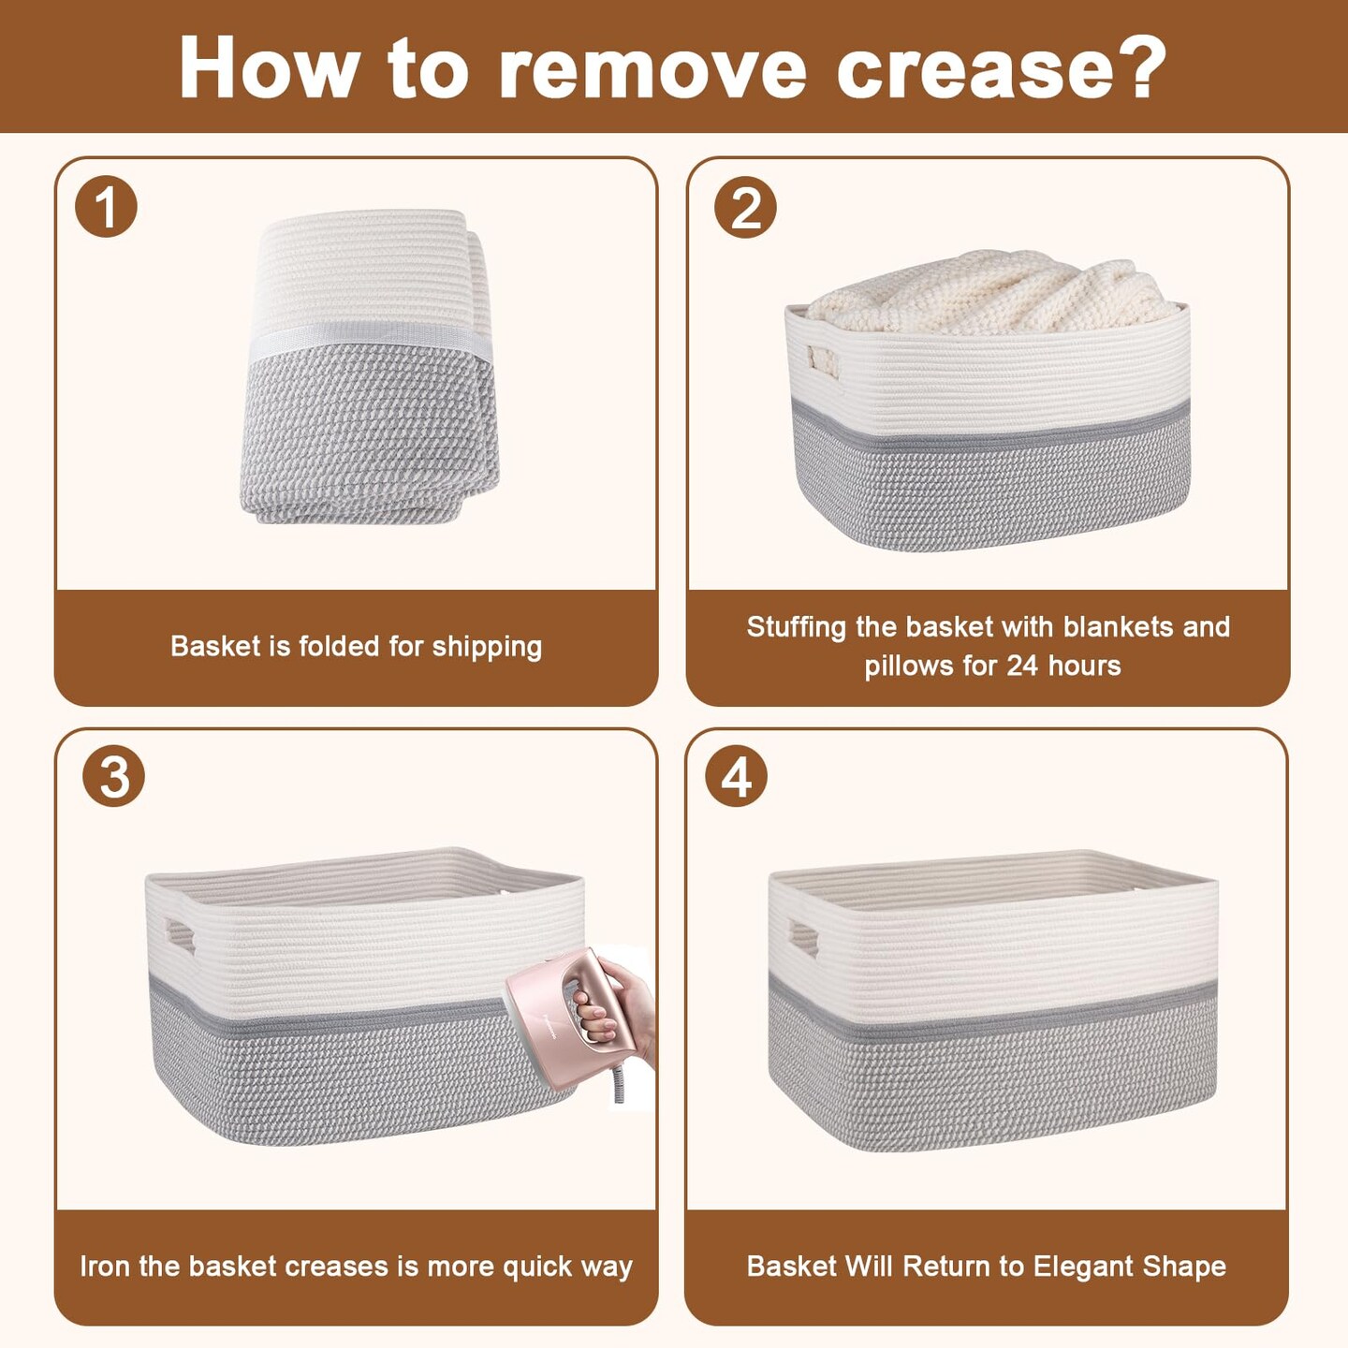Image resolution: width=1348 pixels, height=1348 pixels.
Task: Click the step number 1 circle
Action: pos(106,206)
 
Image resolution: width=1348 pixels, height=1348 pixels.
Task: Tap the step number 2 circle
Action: pos(745,207)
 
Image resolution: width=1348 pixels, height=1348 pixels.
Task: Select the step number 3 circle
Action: pos(113,776)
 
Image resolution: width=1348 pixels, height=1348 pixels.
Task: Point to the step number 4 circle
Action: pos(736,776)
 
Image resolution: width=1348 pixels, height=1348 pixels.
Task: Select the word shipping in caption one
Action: pos(487,647)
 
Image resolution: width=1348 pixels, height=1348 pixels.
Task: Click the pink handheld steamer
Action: pos(569,1018)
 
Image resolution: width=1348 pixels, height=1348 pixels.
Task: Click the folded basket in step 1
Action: pos(370,365)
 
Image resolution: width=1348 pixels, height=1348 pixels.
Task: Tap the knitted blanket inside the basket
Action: pos(992,292)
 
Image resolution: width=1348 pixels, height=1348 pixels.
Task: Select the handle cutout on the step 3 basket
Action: pos(181,936)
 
